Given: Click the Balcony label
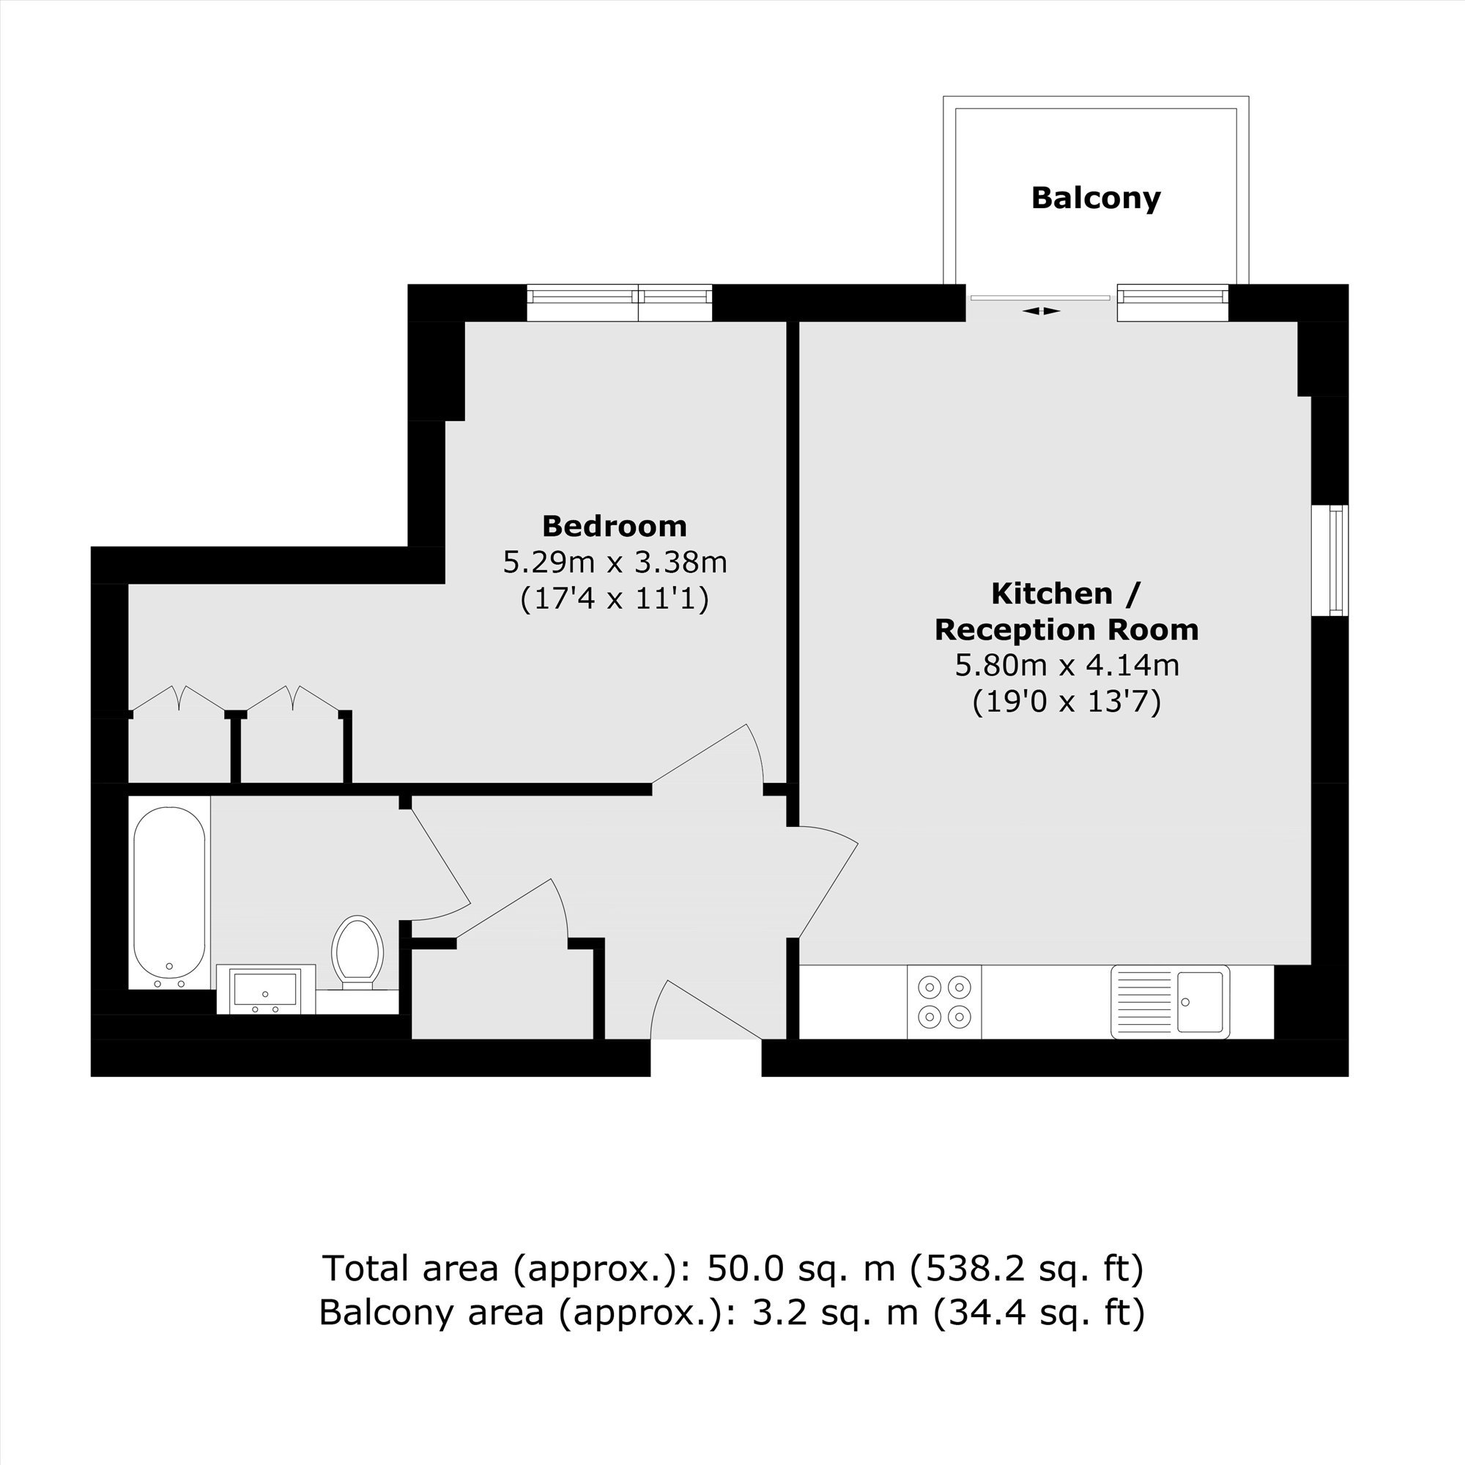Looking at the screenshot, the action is point(1096,199).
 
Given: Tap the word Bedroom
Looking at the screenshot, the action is point(615,525).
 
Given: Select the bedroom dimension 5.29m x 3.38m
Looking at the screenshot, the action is point(615,562).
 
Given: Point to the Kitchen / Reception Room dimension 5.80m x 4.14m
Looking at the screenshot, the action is point(1067,665).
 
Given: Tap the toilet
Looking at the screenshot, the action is point(357,952).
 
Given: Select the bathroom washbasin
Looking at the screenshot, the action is point(265,989).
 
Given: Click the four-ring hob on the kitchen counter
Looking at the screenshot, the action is point(944,1001).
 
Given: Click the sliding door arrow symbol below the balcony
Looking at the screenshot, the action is point(1041,311).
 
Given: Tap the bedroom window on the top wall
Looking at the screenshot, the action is point(620,303).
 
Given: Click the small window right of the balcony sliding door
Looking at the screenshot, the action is point(1172,303).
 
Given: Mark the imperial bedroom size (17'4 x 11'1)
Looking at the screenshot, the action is point(615,598).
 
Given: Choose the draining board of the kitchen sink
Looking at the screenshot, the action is point(1144,1001).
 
